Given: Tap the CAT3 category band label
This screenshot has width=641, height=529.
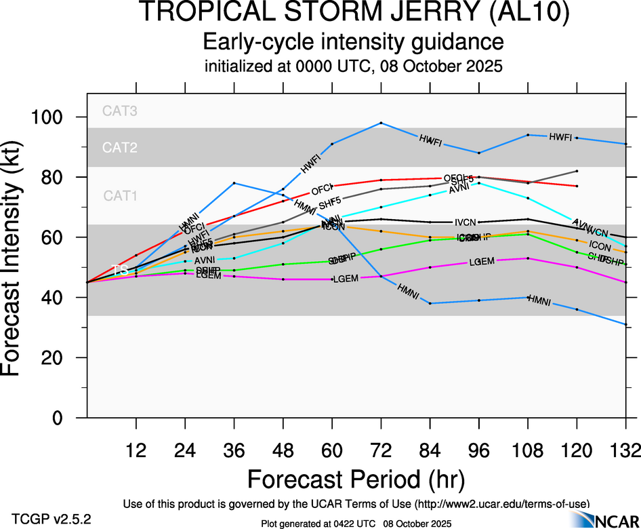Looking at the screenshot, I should pos(120,111).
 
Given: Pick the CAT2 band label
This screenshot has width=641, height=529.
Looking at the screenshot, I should pos(120,147).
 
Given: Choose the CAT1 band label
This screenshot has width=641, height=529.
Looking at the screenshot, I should pos(120,196).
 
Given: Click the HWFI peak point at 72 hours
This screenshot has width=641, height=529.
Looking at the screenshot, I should pos(381,123).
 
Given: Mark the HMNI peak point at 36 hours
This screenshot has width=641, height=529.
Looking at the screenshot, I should pos(234,183).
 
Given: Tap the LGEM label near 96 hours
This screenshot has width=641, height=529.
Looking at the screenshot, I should pos(481,262).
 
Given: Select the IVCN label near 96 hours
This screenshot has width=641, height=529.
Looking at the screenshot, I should pos(466,222).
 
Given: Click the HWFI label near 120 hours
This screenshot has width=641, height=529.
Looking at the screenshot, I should pos(561,137).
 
